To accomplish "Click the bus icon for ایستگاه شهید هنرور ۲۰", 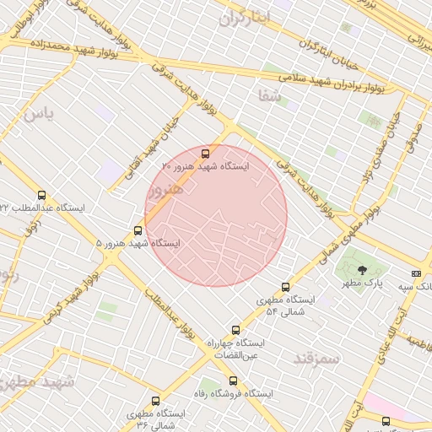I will coord(206,154).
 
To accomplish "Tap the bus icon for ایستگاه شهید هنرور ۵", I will coord(138,229).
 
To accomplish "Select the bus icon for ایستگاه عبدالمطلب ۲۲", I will coord(89,207).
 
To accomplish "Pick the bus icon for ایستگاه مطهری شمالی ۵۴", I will coord(285,287).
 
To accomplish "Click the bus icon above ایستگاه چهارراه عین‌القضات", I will coord(235,330).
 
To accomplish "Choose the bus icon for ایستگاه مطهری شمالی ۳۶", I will coord(154,401).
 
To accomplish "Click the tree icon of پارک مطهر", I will coord(363,271).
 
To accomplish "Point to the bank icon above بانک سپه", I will coord(416,273).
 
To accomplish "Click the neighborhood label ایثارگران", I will coord(244,17).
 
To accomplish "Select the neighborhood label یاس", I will coord(37,111).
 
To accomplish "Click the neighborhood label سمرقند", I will coord(316,358).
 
